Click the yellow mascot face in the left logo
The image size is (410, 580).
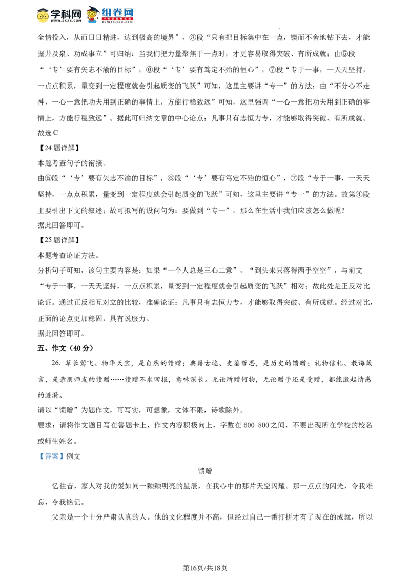tap(43, 16)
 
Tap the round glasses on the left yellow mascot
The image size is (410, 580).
tap(43, 16)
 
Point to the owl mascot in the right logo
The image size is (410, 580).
tap(92, 15)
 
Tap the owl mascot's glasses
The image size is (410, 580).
tap(92, 14)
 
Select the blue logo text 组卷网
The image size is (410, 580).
tap(117, 12)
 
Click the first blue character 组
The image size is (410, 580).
tap(106, 12)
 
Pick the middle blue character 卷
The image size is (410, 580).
tap(117, 12)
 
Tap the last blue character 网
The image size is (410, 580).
tap(129, 12)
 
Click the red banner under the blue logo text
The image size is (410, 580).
tap(117, 19)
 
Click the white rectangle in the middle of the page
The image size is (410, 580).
tap(148, 313)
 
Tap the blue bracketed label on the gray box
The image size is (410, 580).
tap(51, 457)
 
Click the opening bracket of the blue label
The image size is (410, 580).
tap(41, 457)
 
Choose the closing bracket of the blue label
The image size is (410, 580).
tap(61, 457)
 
